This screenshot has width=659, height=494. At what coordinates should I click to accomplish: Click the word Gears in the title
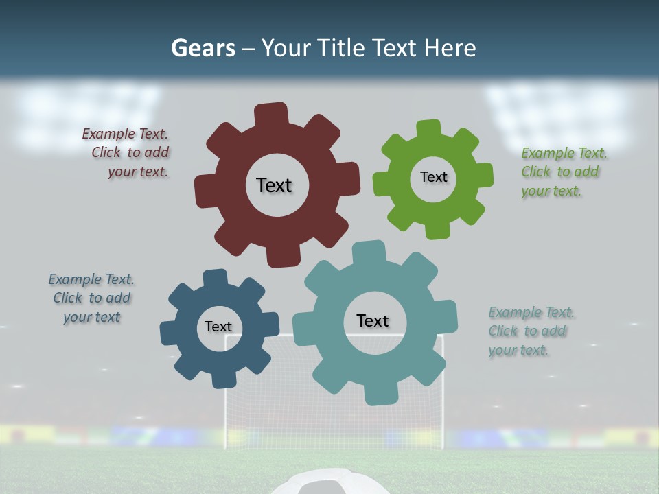pos(203,48)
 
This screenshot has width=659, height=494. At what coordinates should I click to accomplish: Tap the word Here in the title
pos(450,48)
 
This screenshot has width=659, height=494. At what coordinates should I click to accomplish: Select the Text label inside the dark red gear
pos(274,185)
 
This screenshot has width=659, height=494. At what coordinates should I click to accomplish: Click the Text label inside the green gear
pos(433,177)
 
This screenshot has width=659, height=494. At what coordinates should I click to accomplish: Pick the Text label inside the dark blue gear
pos(218,327)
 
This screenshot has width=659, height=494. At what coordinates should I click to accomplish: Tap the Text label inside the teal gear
pos(373,320)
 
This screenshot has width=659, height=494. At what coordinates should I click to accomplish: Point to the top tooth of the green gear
pos(428,130)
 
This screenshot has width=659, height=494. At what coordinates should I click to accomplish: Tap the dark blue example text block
pos(92,298)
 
